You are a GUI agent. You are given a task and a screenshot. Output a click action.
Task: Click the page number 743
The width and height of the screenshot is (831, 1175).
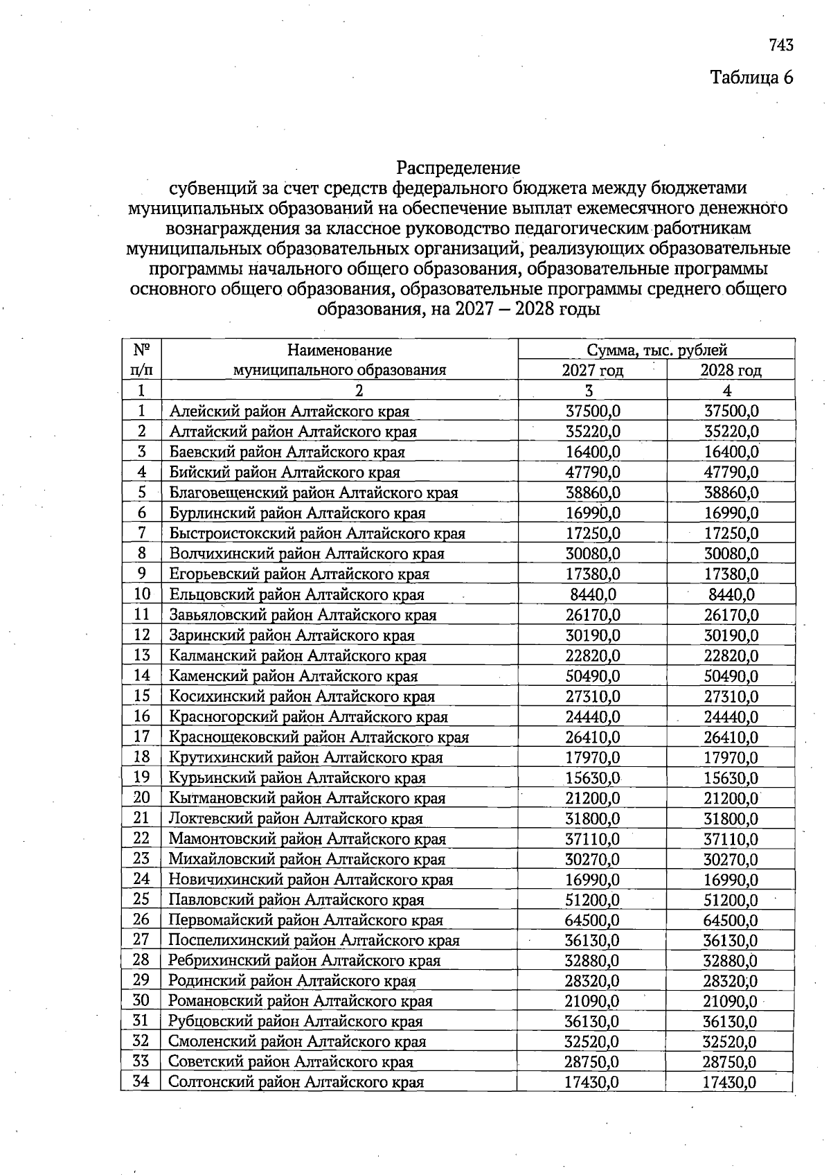click(x=780, y=46)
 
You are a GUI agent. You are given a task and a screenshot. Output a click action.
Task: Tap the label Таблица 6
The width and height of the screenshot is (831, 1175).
click(x=751, y=77)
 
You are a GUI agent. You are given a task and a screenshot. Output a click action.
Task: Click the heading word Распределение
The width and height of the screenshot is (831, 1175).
click(x=458, y=168)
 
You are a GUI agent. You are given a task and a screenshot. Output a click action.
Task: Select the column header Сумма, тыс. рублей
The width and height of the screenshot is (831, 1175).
click(x=656, y=350)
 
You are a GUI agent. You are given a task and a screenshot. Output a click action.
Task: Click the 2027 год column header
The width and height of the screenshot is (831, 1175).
click(x=592, y=370)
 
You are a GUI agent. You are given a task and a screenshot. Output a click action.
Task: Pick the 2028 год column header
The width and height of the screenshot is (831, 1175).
click(x=731, y=370)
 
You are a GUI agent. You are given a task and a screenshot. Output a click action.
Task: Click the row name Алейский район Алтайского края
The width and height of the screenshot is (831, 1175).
click(x=289, y=412)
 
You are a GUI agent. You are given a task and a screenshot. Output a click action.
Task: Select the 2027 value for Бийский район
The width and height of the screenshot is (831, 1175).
click(x=593, y=472)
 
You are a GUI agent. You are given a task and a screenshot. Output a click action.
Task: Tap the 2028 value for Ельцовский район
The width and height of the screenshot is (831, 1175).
click(x=731, y=594)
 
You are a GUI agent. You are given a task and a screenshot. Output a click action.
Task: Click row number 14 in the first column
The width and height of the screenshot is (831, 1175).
click(x=141, y=675)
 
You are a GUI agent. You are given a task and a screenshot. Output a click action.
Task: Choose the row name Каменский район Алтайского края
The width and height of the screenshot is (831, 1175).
click(x=294, y=676)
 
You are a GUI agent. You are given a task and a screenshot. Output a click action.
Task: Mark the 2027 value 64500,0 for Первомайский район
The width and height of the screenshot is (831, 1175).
click(x=593, y=920)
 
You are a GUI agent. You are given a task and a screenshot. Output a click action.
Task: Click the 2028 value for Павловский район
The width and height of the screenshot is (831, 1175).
click(x=731, y=900)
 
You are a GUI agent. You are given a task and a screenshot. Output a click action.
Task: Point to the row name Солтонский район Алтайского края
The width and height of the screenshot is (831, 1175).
click(x=296, y=1082)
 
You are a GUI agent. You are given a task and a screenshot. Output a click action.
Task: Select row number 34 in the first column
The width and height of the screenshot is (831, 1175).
click(x=141, y=1081)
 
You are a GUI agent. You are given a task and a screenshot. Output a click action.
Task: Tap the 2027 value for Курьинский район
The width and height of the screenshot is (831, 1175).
click(x=593, y=778)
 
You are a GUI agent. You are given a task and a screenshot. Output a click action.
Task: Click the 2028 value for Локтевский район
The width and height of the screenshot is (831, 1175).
click(x=731, y=819)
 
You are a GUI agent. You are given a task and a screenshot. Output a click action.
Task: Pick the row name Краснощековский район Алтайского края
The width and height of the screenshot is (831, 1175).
click(x=319, y=737)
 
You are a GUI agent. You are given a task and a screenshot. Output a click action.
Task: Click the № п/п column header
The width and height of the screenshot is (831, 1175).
click(x=141, y=360)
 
